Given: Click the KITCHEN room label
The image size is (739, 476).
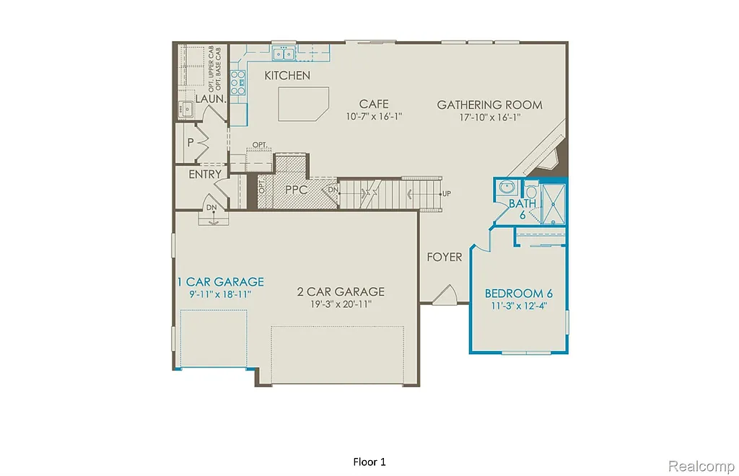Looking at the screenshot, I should [287, 76].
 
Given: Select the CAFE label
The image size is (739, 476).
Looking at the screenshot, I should [374, 105].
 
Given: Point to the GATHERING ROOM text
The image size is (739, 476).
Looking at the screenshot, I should [489, 105].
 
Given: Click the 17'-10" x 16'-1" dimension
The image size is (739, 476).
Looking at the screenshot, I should [489, 117].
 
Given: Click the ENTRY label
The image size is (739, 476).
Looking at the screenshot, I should [205, 175].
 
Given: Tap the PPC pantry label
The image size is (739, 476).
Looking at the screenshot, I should [297, 191].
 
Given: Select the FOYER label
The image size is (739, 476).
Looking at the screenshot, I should [444, 257].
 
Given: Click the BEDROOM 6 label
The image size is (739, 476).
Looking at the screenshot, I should [518, 294].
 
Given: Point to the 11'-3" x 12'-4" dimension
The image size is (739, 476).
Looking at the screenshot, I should [518, 307].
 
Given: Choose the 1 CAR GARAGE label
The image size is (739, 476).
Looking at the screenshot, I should [221, 282].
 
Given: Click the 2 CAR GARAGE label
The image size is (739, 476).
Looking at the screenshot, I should [341, 292].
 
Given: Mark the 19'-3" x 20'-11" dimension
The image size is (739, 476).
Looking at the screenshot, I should [341, 305].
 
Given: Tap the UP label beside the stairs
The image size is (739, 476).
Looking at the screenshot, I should [447, 194].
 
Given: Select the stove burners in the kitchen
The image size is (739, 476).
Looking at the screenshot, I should [237, 82].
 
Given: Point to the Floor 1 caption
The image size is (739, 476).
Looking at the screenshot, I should [369, 461].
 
